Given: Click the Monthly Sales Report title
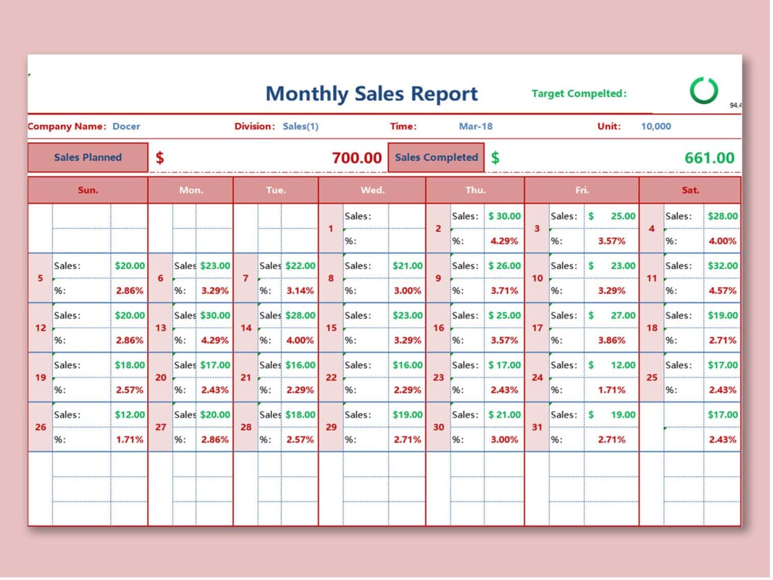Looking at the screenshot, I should coord(371,94).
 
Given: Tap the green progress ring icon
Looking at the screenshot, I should coord(703,91).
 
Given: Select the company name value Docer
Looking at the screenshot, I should coord(126,126).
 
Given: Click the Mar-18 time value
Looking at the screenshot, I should coord(475,126).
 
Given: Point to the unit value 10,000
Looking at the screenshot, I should coord(655,126).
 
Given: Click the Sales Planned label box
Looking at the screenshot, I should coord(88,157).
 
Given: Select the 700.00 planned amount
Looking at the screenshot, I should coord(356,158).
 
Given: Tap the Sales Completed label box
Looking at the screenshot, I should coord(436,157).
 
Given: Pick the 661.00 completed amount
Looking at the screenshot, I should coord(709,158).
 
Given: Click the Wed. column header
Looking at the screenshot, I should coord(372,190).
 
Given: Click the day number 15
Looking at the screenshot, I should coord(331,328).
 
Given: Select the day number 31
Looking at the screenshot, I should coord(537,427).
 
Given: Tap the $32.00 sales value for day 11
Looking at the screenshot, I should coord(722,266).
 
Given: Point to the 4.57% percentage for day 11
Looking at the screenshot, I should coord(722,291).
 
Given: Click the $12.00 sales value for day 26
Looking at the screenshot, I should coord(129,415).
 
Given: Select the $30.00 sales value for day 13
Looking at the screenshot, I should coord(215,315).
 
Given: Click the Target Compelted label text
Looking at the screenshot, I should coord(579,94).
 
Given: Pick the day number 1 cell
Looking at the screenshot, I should coord(331,228).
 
